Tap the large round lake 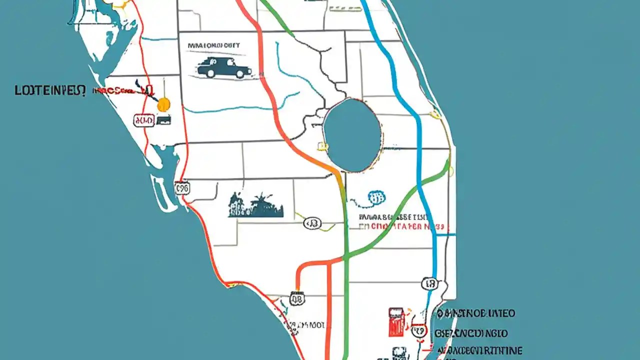click(352, 135)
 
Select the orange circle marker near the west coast click(163, 104)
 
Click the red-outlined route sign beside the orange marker click(144, 120)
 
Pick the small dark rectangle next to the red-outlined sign click(164, 120)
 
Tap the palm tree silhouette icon click(256, 205)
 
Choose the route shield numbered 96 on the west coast click(182, 188)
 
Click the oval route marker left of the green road click(312, 224)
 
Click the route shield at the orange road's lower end click(297, 299)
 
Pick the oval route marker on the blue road click(429, 284)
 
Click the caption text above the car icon click(214, 45)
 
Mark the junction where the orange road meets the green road click(344, 259)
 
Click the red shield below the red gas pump click(418, 331)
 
